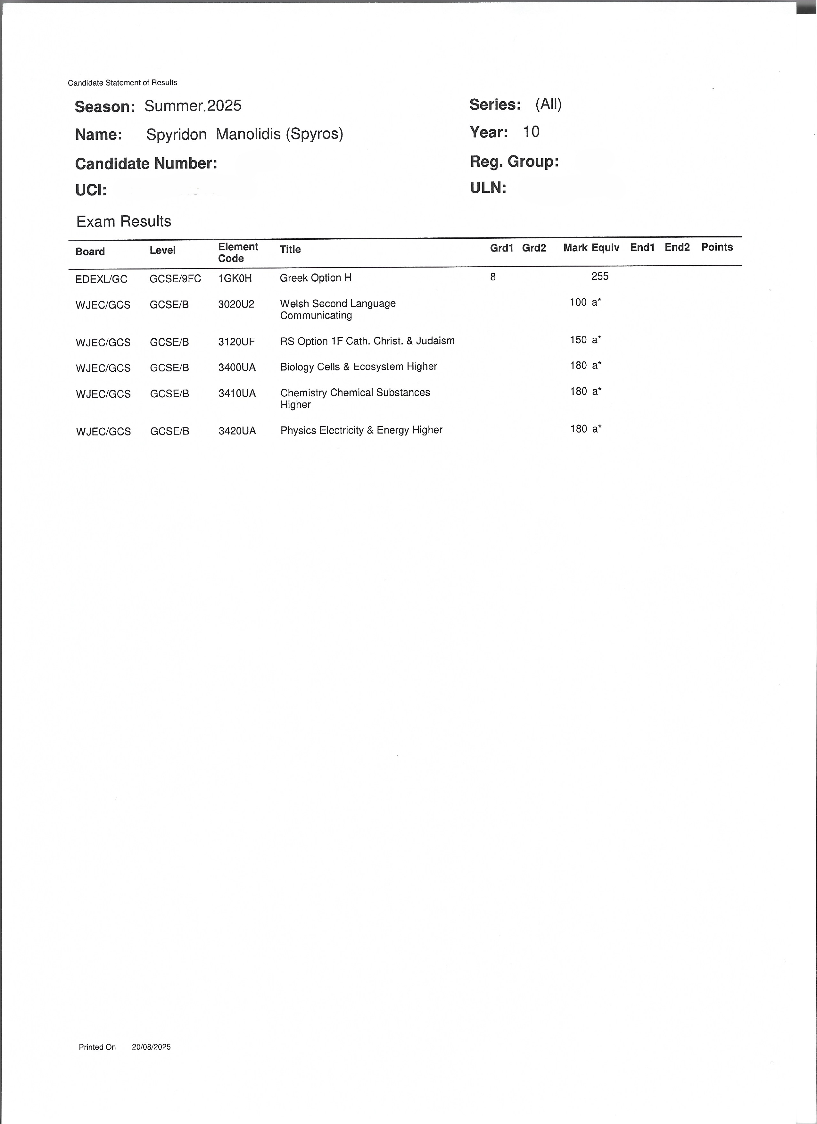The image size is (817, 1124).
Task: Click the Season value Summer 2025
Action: pos(193,105)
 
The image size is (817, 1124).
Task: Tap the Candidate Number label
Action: pos(146,163)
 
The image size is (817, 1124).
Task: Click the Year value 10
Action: pos(531,132)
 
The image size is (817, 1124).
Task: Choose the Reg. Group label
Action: pos(514,161)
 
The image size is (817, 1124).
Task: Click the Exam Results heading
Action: pos(124,221)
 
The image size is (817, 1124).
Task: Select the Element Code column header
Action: pos(238,252)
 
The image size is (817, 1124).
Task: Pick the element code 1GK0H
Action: pos(235,278)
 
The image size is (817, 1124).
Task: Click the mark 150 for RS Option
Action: pos(578,340)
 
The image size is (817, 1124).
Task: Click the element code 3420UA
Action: pos(237,431)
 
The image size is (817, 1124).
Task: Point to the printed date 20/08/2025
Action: pos(151,1047)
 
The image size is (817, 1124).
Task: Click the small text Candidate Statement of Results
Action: pos(122,83)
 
